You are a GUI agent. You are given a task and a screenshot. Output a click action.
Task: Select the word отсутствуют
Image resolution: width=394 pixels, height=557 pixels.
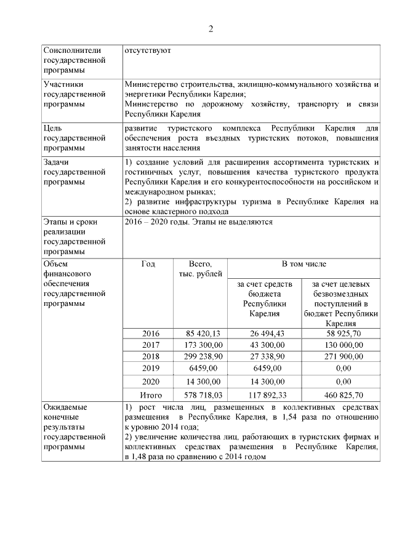coord(147,50)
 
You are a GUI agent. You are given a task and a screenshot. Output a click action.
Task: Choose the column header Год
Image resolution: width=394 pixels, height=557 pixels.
coord(148,264)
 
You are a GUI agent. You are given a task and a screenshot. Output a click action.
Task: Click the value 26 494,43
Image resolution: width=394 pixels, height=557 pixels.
coord(265,334)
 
